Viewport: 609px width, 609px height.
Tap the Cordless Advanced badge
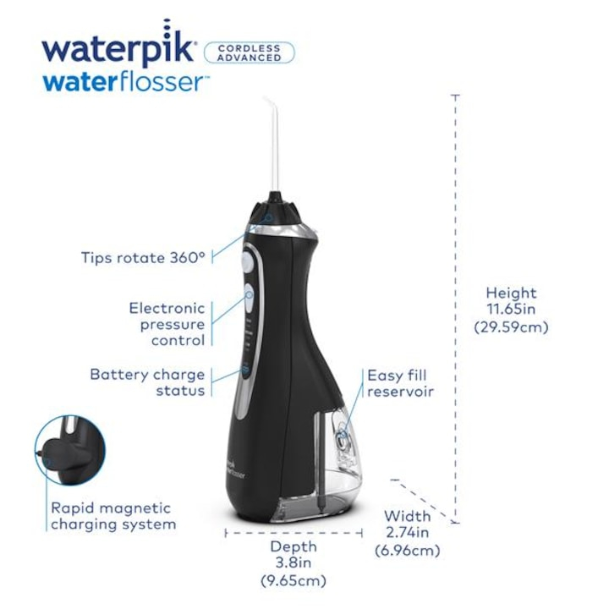pyautogui.click(x=250, y=52)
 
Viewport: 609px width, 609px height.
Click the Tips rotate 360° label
pyautogui.click(x=143, y=258)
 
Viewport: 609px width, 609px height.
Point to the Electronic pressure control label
pyautogui.click(x=167, y=324)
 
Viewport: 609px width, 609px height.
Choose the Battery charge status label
pyautogui.click(x=147, y=382)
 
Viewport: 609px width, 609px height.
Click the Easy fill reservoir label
pyautogui.click(x=399, y=383)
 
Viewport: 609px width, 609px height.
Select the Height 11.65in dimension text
pyautogui.click(x=513, y=301)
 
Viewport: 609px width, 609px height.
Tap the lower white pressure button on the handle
pyautogui.click(x=251, y=295)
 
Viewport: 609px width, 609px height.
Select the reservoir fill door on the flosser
pyautogui.click(x=343, y=439)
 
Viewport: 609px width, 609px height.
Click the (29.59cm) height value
pyautogui.click(x=513, y=326)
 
